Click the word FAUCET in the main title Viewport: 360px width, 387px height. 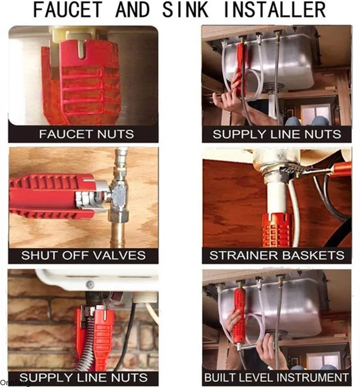[x=67, y=9]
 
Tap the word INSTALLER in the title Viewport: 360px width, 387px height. [x=274, y=9]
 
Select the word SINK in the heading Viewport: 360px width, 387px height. [x=185, y=9]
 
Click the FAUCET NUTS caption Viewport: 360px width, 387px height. [x=86, y=134]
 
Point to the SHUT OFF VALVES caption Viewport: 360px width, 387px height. [x=84, y=255]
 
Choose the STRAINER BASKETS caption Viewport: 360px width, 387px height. [x=277, y=255]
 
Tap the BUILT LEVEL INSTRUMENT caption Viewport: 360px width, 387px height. [x=276, y=378]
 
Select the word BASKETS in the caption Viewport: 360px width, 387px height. [x=313, y=255]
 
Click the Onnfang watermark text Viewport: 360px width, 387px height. [x=15, y=383]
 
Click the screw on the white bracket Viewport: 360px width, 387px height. [x=90, y=285]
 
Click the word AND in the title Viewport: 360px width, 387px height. [x=132, y=9]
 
